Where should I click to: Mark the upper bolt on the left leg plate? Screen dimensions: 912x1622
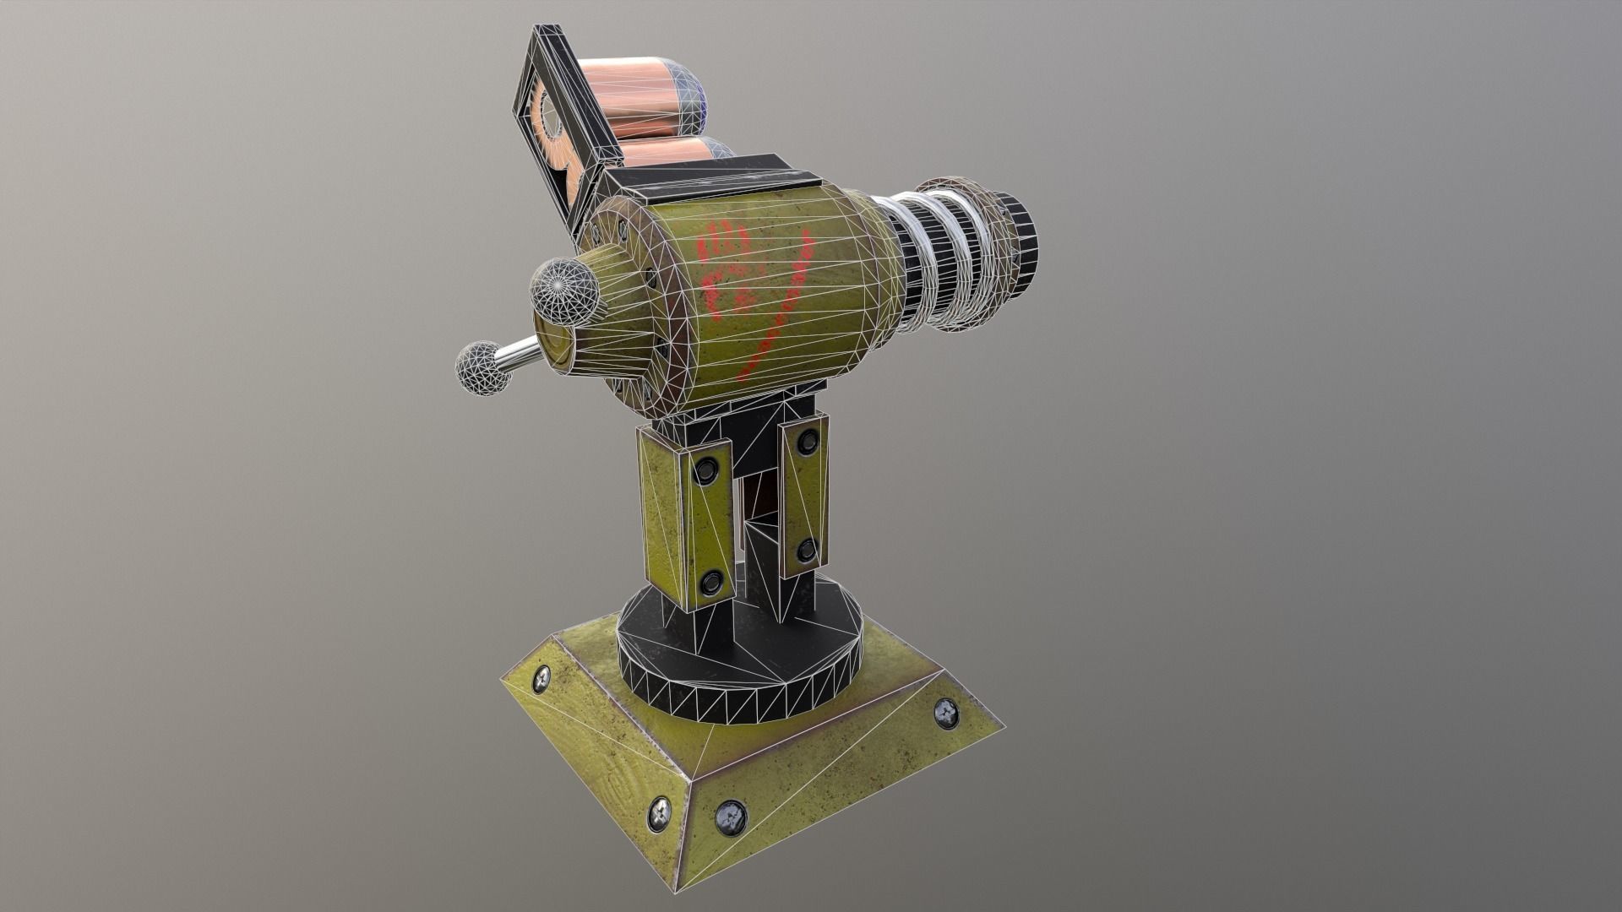pos(702,474)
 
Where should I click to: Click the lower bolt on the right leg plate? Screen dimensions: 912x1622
pos(807,550)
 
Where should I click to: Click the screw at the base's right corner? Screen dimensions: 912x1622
pos(946,714)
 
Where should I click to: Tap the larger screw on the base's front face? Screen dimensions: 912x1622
pos(730,817)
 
